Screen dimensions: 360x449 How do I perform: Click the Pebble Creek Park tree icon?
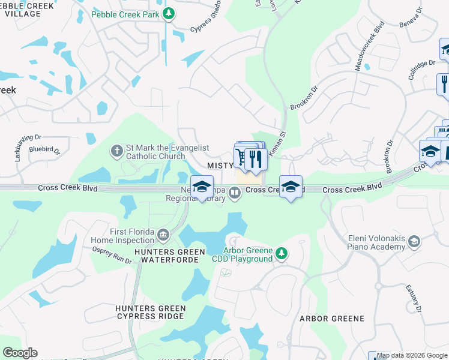pos(170,13)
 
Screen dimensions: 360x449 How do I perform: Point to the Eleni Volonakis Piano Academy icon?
pos(414,242)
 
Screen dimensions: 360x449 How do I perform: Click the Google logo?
pos(20,353)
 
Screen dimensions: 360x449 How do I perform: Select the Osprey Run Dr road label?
pos(112,256)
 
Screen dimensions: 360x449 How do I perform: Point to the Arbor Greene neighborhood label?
pos(332,318)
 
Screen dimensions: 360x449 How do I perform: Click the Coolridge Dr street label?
pos(422,68)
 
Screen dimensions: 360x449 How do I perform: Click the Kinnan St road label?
pos(276,144)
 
